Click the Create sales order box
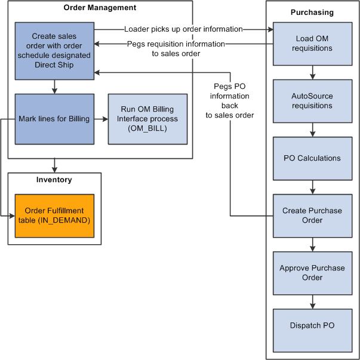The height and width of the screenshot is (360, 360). click(54, 51)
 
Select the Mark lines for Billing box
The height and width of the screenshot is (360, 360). click(54, 119)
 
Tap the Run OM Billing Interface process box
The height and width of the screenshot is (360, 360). click(147, 119)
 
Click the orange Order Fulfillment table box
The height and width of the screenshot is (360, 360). click(54, 216)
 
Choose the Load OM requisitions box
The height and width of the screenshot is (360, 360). click(312, 44)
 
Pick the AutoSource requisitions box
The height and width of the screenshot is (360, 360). click(312, 101)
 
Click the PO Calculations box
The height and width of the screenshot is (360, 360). click(312, 158)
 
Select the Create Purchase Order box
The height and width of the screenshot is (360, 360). click(312, 216)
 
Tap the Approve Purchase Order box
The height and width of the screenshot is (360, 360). click(312, 273)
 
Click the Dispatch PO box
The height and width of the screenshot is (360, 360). click(312, 326)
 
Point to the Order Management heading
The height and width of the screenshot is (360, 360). click(100, 8)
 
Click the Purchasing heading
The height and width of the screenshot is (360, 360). click(312, 13)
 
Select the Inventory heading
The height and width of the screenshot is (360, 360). click(54, 180)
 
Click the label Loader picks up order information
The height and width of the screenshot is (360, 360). click(183, 29)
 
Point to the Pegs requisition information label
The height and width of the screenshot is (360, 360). click(176, 48)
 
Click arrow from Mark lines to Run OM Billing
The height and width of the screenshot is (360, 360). click(101, 119)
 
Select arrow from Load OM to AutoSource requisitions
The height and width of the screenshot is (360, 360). click(312, 72)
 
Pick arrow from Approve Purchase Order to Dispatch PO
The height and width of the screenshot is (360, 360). click(312, 301)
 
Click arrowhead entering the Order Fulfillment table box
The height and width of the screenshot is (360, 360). click(11, 216)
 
